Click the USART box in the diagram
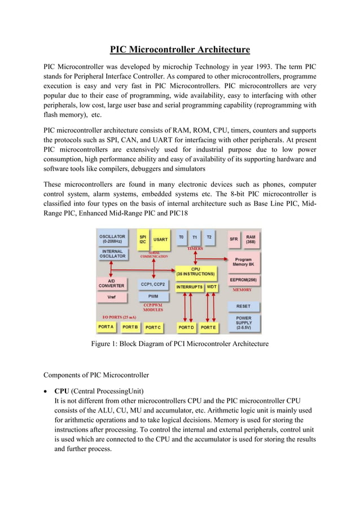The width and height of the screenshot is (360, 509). [x=160, y=240]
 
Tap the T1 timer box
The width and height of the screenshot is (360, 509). [x=195, y=238]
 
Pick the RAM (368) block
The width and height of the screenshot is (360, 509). [x=251, y=239]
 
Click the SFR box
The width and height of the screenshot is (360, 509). [x=234, y=239]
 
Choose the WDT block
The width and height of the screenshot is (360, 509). [x=212, y=287]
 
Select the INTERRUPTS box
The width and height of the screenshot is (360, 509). [x=189, y=287]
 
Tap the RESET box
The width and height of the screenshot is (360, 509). [x=243, y=306]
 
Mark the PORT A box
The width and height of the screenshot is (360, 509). [x=106, y=327]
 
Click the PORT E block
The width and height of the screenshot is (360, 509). [x=208, y=327]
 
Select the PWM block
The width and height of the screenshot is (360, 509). [x=153, y=296]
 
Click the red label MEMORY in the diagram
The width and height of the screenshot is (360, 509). [x=243, y=289]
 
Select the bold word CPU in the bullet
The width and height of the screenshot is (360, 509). [x=62, y=390]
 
